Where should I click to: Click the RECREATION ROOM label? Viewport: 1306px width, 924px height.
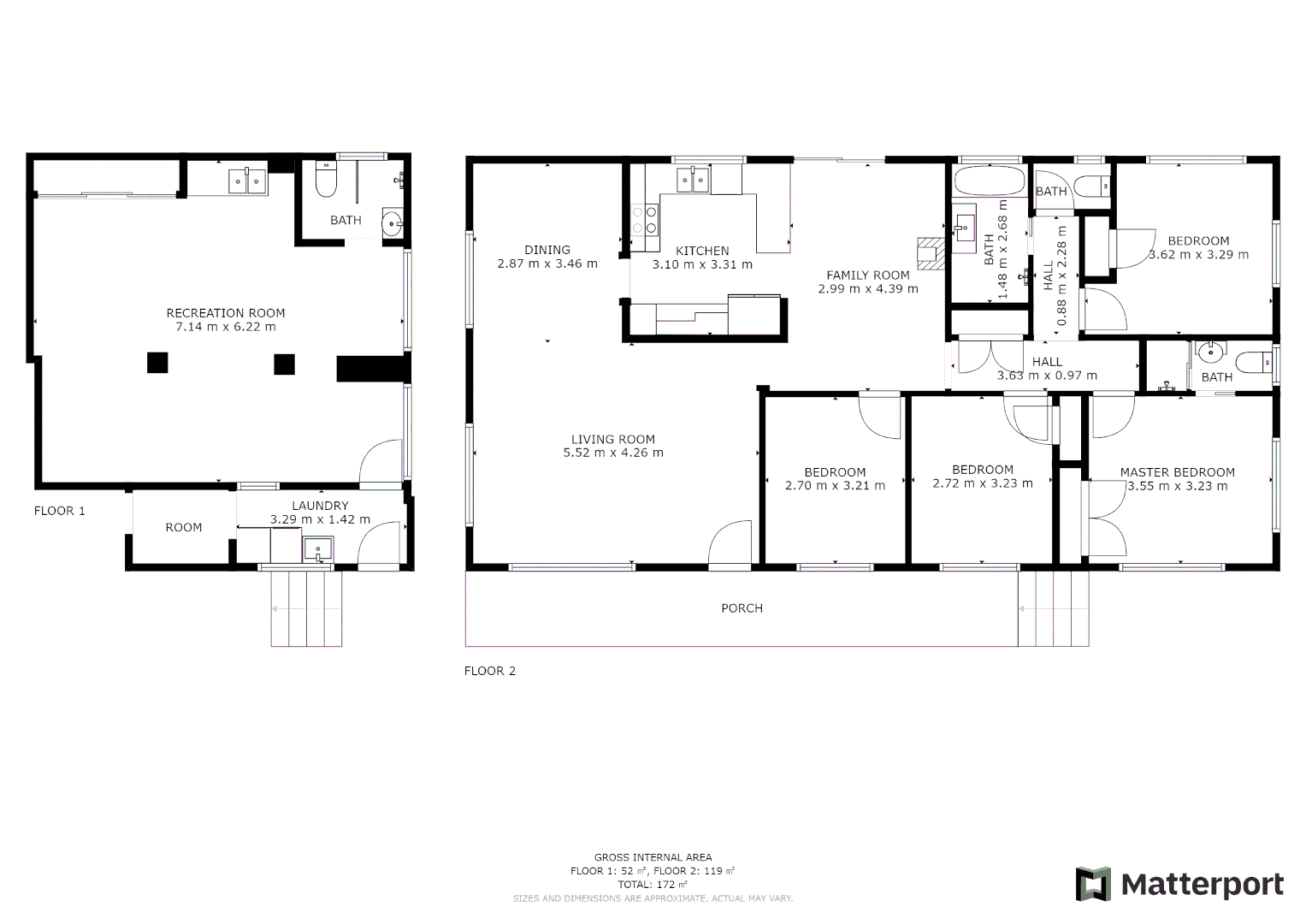point(226,313)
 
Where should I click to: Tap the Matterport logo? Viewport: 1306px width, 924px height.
point(1179,884)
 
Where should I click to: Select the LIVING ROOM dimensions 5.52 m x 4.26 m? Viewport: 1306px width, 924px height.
point(613,453)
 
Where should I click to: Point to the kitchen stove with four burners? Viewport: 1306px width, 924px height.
point(645,219)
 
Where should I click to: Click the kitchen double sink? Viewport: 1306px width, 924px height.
point(693,180)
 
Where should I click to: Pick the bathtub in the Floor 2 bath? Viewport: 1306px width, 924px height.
point(989,181)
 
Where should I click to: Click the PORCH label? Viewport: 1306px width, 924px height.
point(742,608)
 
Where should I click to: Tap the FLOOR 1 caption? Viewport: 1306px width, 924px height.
point(60,511)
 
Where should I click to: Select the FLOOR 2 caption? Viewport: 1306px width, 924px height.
point(490,671)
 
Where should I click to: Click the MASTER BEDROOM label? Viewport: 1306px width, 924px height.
point(1177,472)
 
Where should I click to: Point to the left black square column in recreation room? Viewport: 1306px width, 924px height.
point(157,363)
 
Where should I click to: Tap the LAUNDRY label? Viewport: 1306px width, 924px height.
point(320,506)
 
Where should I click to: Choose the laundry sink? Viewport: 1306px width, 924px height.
point(317,549)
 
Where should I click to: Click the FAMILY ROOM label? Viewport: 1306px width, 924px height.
point(867,275)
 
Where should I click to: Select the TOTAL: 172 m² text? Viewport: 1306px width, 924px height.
point(653,885)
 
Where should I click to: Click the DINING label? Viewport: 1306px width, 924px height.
point(547,250)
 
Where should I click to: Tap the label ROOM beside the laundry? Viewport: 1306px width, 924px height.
point(184,528)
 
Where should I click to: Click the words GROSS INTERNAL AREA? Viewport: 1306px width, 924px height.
point(653,857)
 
